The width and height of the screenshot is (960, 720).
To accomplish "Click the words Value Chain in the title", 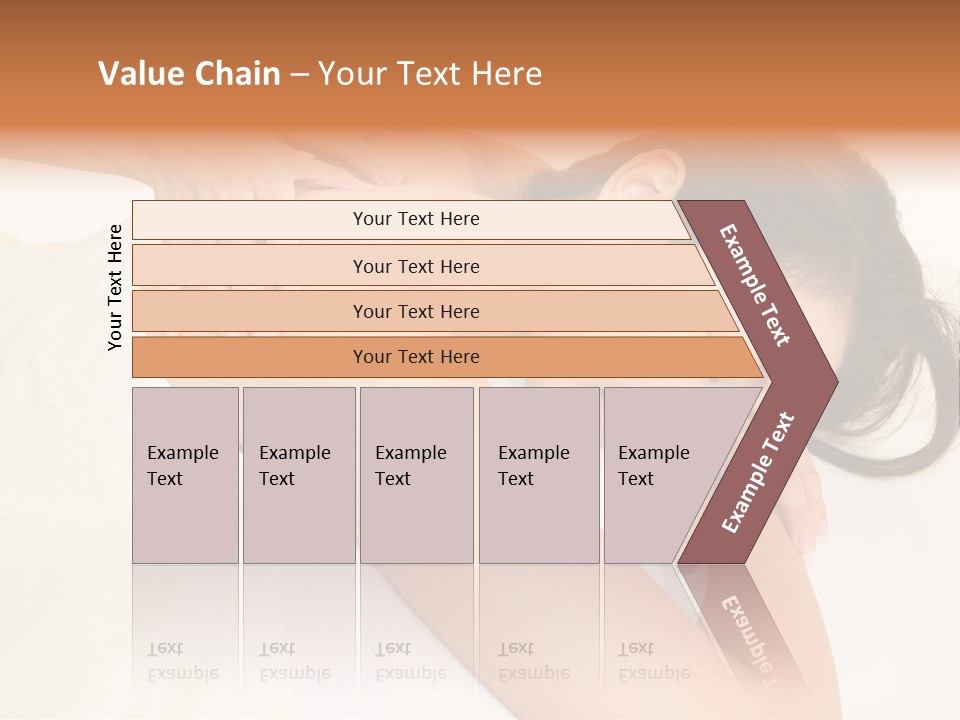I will [189, 74].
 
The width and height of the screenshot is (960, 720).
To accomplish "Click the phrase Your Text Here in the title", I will [430, 74].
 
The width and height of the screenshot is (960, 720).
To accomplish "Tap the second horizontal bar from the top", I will [416, 266].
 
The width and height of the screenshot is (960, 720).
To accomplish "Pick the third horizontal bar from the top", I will [416, 311].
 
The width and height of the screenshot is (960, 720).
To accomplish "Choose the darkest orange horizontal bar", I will [416, 357].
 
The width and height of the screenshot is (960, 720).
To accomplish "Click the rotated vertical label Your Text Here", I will [115, 287].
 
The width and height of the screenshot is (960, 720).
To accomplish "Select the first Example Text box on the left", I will [185, 474].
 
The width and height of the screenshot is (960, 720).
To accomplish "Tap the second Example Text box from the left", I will [298, 474].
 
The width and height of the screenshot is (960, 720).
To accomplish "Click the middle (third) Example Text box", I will [415, 474].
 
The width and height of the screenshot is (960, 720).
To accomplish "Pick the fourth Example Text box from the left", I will [538, 474].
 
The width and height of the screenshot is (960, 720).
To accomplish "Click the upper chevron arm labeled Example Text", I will [755, 285].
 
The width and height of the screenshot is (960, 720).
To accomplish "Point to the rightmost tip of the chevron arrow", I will [836, 381].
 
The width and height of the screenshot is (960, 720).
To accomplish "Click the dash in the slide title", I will [299, 74].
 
